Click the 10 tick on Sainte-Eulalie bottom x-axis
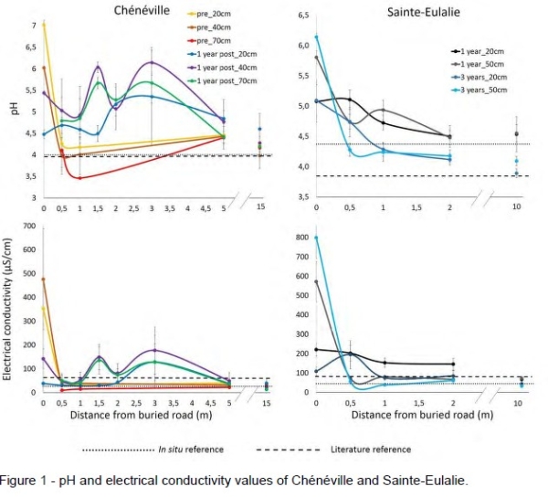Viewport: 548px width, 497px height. (516, 403)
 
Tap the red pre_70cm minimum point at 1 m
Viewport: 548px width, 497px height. (79, 178)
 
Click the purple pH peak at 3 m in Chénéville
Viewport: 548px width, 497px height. (152, 63)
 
